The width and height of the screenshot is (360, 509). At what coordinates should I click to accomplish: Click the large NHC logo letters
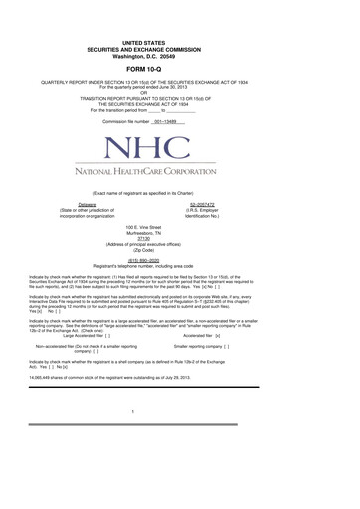(180, 149)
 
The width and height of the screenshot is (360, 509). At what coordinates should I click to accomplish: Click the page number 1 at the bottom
(180, 464)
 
